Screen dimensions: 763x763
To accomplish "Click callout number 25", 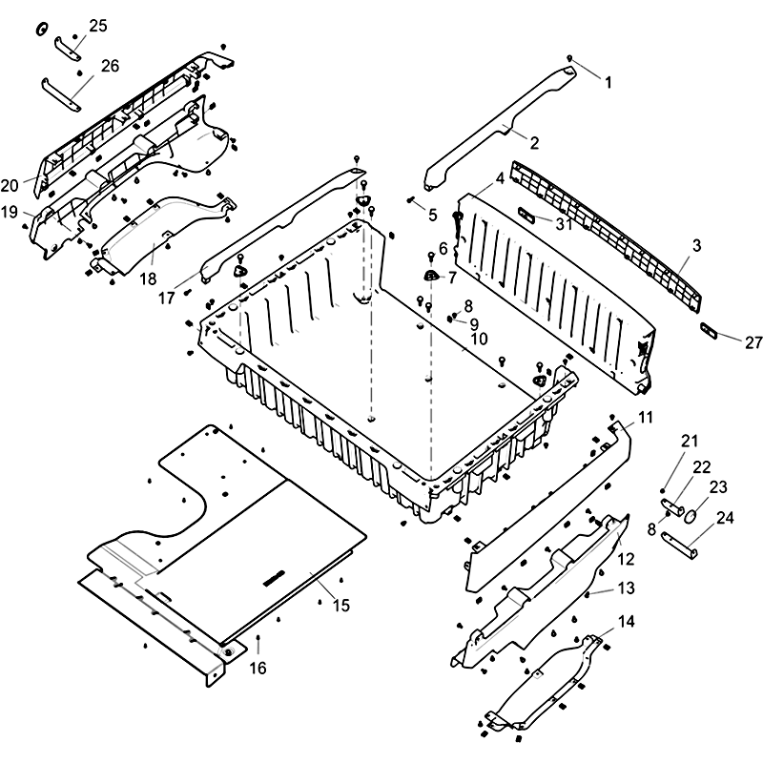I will pyautogui.click(x=98, y=26).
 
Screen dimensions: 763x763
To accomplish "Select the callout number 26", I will pyautogui.click(x=110, y=66).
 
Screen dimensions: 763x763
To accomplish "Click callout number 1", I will pyautogui.click(x=608, y=82).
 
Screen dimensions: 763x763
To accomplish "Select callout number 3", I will pyautogui.click(x=696, y=245).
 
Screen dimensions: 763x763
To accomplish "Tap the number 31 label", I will pyautogui.click(x=564, y=224).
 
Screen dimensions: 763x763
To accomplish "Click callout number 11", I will pyautogui.click(x=647, y=417).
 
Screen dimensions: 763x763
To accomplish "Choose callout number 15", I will pyautogui.click(x=340, y=605).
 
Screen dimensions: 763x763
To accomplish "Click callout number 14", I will pyautogui.click(x=626, y=621).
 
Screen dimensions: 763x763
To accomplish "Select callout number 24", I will pyautogui.click(x=725, y=519).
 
